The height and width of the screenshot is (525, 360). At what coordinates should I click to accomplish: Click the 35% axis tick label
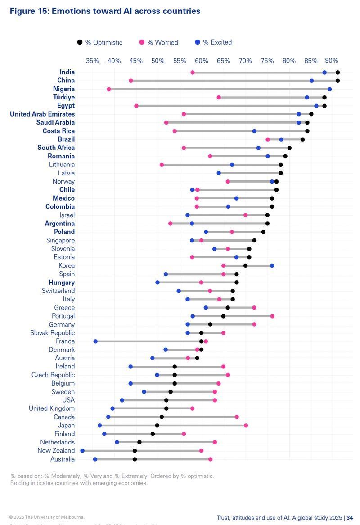92,61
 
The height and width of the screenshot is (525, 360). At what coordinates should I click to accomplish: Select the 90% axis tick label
332,61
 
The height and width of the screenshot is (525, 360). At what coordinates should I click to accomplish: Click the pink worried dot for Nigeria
109,89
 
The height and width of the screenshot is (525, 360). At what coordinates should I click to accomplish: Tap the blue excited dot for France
95,341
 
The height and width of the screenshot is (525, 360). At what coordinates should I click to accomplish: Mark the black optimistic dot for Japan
157,426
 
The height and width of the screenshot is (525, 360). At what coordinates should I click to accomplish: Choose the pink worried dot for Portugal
272,316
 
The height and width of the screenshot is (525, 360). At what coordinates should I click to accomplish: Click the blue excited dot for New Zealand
82,451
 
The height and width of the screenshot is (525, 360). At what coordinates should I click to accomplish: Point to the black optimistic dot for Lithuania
280,165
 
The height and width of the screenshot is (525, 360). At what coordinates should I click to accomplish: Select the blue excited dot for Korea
272,266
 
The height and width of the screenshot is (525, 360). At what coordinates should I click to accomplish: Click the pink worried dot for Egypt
136,106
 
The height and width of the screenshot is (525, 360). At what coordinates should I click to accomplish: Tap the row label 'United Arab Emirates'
42,114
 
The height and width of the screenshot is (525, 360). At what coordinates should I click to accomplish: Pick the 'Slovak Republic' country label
53,333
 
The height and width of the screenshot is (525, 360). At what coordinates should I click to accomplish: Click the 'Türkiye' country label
63,97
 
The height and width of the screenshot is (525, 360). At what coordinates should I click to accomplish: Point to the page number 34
350,518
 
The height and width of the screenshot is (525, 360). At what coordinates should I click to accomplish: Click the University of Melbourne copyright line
47,517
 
